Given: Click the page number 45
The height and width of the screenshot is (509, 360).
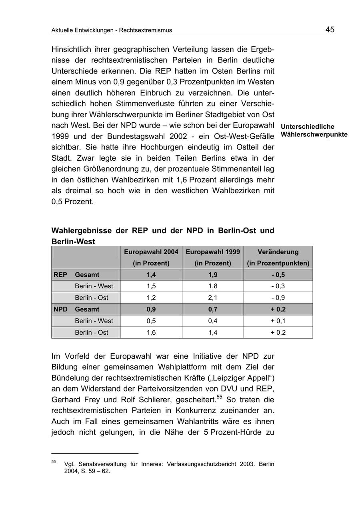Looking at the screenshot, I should pyautogui.click(x=330, y=30).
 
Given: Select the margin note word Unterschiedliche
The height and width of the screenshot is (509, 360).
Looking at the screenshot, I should pyautogui.click(x=308, y=127).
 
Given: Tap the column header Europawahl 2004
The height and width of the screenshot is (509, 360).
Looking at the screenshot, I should pyautogui.click(x=151, y=252).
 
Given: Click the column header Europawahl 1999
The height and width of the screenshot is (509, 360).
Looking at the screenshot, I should pyautogui.click(x=213, y=252).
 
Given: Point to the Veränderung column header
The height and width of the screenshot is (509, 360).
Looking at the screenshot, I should pyautogui.click(x=278, y=252).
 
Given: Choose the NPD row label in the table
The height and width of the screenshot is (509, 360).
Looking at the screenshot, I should pyautogui.click(x=60, y=309).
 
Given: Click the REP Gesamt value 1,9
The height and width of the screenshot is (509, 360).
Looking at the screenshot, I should pyautogui.click(x=213, y=275).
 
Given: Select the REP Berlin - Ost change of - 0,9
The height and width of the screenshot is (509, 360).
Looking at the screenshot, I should pyautogui.click(x=278, y=298).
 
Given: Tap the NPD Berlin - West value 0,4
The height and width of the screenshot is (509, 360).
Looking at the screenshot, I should pyautogui.click(x=213, y=321).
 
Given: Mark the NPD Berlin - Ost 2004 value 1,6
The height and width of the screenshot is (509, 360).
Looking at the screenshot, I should pyautogui.click(x=151, y=333).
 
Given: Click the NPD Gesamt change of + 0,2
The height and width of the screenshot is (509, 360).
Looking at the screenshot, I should pyautogui.click(x=278, y=309).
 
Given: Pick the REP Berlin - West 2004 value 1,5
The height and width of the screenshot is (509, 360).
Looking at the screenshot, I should pyautogui.click(x=151, y=286).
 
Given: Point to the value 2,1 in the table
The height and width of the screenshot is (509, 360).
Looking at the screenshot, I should pyautogui.click(x=213, y=298).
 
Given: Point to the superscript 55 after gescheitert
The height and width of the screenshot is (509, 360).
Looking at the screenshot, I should pyautogui.click(x=219, y=397).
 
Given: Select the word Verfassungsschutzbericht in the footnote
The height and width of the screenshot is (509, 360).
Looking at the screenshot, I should pyautogui.click(x=196, y=465).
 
